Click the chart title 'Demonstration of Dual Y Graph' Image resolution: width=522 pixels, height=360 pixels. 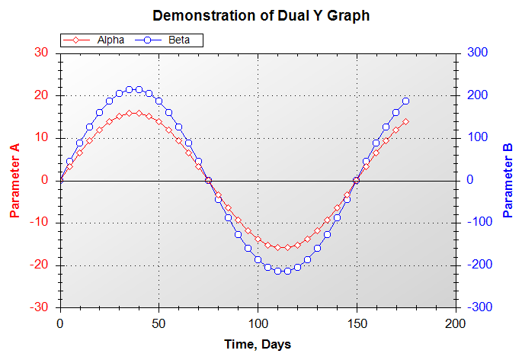point(261,15)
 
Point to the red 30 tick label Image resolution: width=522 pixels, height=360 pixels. point(41,53)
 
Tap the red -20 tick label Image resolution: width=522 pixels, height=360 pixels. point(39,265)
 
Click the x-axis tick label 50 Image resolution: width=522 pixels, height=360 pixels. point(159,323)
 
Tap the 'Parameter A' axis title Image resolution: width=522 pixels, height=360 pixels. point(14,180)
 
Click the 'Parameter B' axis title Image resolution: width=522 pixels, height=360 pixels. point(508,180)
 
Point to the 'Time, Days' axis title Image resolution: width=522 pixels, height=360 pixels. point(258,345)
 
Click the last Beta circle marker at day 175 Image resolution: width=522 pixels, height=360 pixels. point(406,101)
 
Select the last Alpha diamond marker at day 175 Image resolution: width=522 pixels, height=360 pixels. point(406,121)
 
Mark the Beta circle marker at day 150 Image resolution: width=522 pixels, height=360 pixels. point(357,180)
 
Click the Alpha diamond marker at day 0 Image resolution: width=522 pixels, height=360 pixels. point(60,180)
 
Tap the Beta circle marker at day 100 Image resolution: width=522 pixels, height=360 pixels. point(258,260)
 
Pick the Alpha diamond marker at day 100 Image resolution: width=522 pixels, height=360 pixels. point(258,239)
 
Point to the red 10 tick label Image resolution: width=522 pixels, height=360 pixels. point(41,137)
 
